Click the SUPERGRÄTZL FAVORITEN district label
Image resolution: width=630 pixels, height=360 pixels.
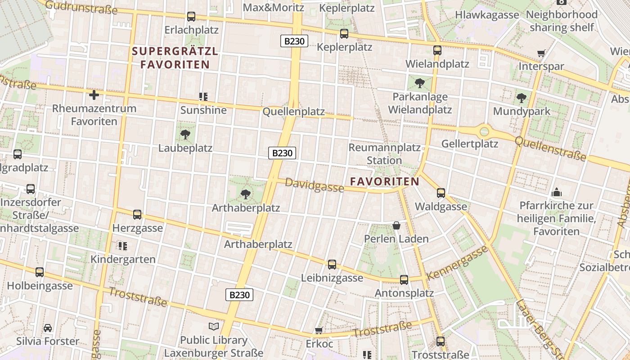(175, 58)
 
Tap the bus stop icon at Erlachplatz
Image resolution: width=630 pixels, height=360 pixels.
(191, 17)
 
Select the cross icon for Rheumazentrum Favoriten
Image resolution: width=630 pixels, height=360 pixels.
(94, 95)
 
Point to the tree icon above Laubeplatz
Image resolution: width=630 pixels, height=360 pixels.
(185, 134)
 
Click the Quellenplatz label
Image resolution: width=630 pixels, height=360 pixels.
(293, 112)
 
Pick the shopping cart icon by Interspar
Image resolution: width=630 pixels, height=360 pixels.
(541, 54)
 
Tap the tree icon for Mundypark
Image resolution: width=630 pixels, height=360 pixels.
(522, 98)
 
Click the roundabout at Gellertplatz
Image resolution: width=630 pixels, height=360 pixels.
(484, 131)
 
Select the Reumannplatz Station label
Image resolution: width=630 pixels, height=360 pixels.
(384, 153)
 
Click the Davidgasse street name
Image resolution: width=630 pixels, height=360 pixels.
(314, 185)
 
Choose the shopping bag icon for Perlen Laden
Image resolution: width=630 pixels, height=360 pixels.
(396, 225)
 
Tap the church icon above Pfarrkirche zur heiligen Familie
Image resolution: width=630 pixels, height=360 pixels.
(557, 193)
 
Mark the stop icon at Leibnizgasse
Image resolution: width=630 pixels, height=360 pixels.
(332, 265)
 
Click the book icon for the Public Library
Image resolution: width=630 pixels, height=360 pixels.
(214, 327)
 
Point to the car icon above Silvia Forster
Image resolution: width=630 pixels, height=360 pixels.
(48, 328)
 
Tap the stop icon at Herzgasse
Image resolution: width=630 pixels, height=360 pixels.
(137, 215)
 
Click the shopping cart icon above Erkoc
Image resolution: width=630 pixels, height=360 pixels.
(319, 331)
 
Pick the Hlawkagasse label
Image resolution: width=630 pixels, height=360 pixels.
(487, 15)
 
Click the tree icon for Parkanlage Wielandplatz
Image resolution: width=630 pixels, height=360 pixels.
(420, 83)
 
